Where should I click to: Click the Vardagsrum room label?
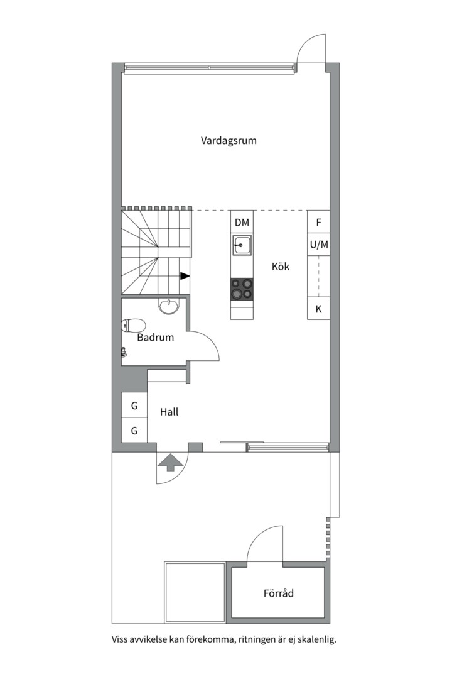(229, 141)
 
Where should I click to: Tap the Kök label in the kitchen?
(280, 267)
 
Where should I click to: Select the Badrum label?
(155, 338)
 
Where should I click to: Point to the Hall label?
(169, 412)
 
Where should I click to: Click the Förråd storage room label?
(279, 593)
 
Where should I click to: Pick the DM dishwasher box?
(242, 223)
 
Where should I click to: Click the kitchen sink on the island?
(242, 245)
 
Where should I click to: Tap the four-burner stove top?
(242, 289)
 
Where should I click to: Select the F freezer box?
(319, 223)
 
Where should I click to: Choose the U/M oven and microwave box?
(319, 245)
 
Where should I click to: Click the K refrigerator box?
(319, 309)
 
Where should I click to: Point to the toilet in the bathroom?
(133, 325)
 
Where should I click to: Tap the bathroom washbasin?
(168, 306)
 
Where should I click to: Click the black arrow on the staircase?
(185, 276)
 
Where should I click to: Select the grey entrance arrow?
(170, 462)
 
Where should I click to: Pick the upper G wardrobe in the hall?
(134, 406)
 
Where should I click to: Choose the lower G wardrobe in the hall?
(134, 431)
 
